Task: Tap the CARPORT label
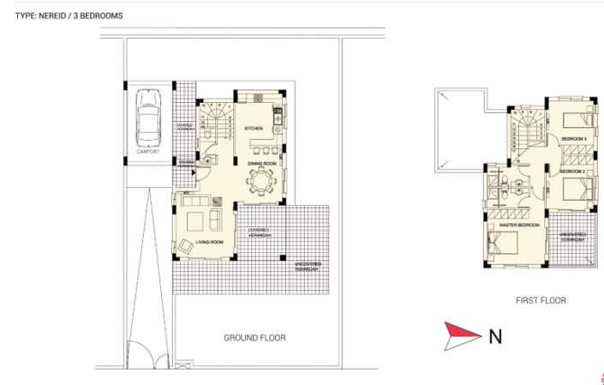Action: tap(147, 152)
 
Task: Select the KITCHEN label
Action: tap(254, 129)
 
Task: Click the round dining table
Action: tap(258, 182)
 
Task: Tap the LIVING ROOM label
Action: tap(209, 243)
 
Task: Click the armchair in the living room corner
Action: tap(185, 244)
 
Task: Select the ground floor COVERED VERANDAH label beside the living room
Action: tap(260, 232)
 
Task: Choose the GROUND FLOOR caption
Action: tap(254, 338)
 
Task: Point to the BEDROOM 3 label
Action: tap(573, 138)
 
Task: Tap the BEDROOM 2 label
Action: tap(573, 171)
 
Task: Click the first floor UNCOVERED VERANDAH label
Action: tap(572, 237)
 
